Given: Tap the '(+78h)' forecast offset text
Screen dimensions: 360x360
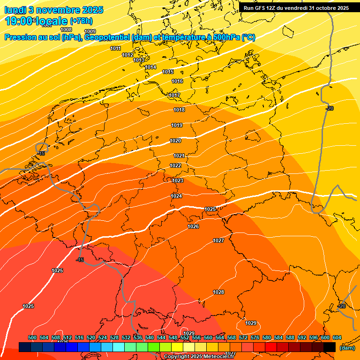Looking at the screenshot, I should [81, 21].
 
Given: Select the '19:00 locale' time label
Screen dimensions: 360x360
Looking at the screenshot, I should [37, 21].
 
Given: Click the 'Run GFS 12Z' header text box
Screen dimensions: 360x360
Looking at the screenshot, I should [296, 8].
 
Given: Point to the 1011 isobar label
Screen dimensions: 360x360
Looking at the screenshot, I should [115, 48].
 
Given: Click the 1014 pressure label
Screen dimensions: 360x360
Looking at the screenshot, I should [150, 67].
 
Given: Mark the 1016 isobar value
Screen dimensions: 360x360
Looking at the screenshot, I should [177, 82].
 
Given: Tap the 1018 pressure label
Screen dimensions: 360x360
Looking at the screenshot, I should [179, 110].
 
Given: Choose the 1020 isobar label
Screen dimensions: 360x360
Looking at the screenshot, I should [175, 141].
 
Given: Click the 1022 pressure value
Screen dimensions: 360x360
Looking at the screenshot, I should [175, 165].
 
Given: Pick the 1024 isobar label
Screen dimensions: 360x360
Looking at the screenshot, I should [176, 196].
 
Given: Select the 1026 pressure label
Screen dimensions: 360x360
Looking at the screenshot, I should [193, 226].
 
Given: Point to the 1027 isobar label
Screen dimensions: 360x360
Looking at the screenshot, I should [218, 240].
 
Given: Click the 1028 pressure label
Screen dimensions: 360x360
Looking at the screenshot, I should [218, 292].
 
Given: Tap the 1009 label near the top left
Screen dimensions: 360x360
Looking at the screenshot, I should [90, 32].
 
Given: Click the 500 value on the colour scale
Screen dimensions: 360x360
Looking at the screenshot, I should [32, 338].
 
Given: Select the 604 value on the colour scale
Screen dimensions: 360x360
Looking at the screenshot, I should [337, 338].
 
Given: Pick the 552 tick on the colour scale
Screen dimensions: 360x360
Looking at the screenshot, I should [185, 338].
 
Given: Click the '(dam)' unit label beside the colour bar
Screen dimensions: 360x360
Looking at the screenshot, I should [347, 348].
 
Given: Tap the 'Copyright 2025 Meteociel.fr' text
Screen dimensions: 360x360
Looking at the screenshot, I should [199, 357].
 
